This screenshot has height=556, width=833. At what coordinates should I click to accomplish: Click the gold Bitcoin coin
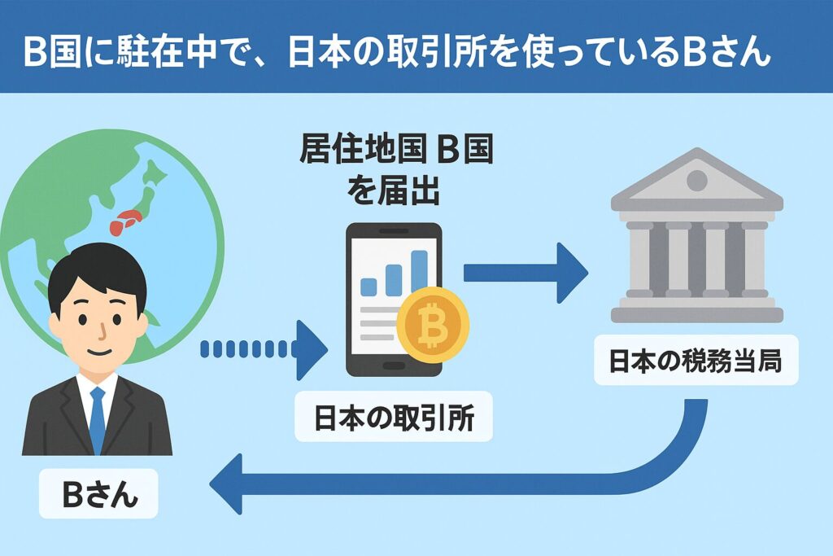tap(433, 323)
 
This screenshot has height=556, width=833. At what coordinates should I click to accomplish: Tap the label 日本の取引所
tap(393, 418)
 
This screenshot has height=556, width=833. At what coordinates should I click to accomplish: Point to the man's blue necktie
tap(98, 415)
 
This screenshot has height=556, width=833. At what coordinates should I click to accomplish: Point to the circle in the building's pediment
tap(696, 180)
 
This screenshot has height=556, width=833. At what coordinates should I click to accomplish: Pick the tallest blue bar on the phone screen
tap(419, 271)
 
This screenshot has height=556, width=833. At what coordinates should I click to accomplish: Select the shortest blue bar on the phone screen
tap(368, 286)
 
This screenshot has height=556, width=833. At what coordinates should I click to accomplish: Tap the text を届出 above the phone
tap(393, 192)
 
